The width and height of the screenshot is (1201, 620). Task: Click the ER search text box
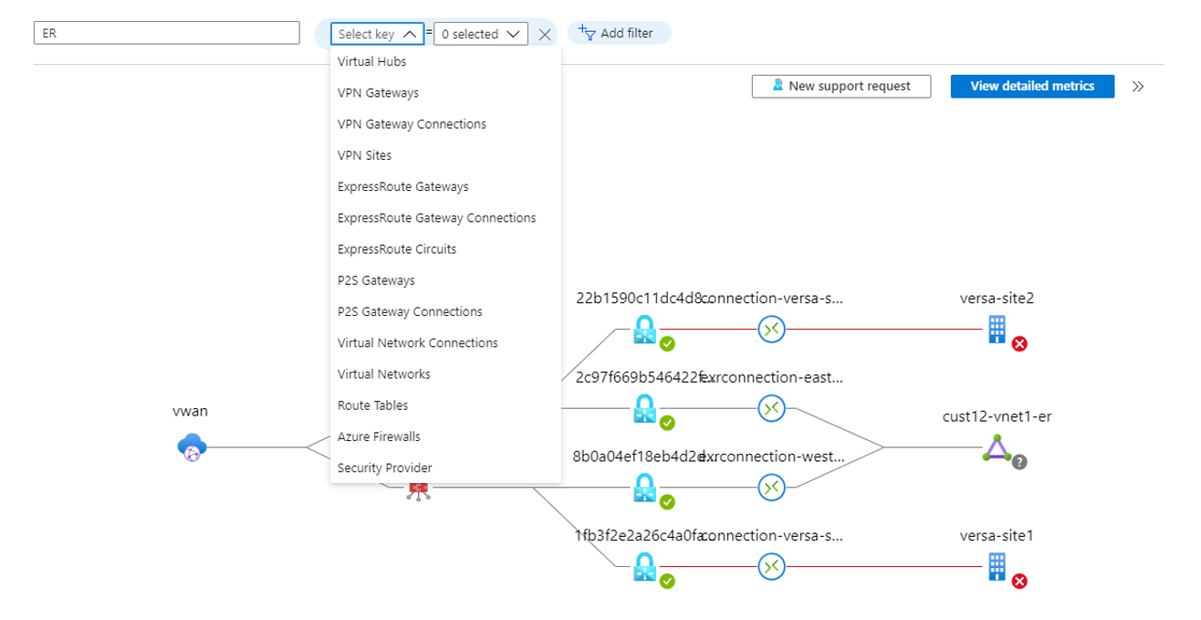click(x=166, y=33)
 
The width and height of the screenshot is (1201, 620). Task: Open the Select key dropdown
click(x=377, y=34)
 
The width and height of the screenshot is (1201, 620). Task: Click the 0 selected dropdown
click(x=481, y=34)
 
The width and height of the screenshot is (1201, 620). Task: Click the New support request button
click(x=841, y=86)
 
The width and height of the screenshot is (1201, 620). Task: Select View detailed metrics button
click(x=1031, y=86)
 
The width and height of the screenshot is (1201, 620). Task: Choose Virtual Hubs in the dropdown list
click(x=371, y=61)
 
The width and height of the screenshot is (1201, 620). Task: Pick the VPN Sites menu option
click(x=364, y=155)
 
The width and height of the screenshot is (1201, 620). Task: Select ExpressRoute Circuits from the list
click(x=396, y=249)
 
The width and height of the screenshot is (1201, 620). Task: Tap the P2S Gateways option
click(x=376, y=280)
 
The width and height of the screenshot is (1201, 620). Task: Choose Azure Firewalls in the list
click(x=379, y=436)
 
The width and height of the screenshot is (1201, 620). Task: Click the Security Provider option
click(x=384, y=468)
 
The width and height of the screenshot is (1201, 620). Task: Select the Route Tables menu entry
click(x=372, y=405)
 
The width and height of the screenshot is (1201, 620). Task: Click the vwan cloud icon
click(x=192, y=447)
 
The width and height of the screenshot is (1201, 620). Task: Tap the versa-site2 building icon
click(x=997, y=329)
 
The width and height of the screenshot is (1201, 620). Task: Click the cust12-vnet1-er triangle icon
click(x=997, y=447)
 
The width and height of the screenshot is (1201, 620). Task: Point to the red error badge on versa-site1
click(x=1019, y=582)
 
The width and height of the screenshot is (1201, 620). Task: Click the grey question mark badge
click(x=1019, y=462)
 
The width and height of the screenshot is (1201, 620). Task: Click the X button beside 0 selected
click(x=545, y=34)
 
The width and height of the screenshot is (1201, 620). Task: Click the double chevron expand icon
click(x=1138, y=87)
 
